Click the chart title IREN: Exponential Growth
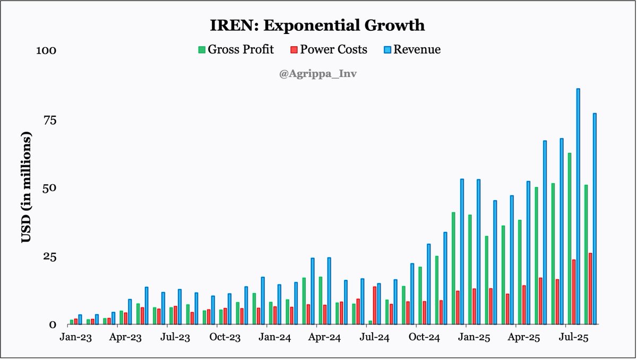click(318, 25)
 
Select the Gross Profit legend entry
click(236, 49)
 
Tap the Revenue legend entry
click(412, 49)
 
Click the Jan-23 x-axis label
click(76, 337)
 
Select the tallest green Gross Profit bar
click(570, 238)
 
